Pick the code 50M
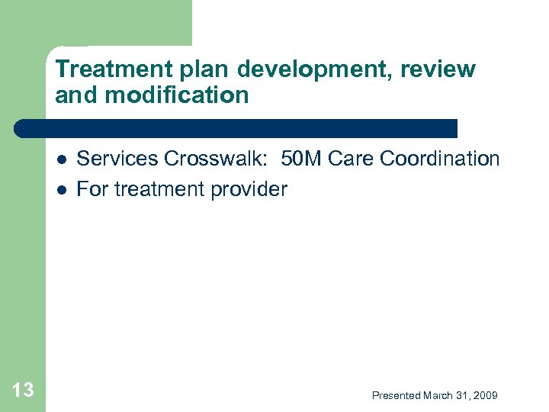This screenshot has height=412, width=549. pyautogui.click(x=301, y=159)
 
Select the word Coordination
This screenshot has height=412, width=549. pyautogui.click(x=440, y=159)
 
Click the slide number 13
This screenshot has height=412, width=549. pyautogui.click(x=23, y=391)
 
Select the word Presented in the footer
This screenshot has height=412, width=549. pyautogui.click(x=396, y=395)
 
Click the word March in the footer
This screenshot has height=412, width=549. pyautogui.click(x=439, y=395)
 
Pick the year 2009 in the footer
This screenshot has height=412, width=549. pyautogui.click(x=485, y=395)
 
